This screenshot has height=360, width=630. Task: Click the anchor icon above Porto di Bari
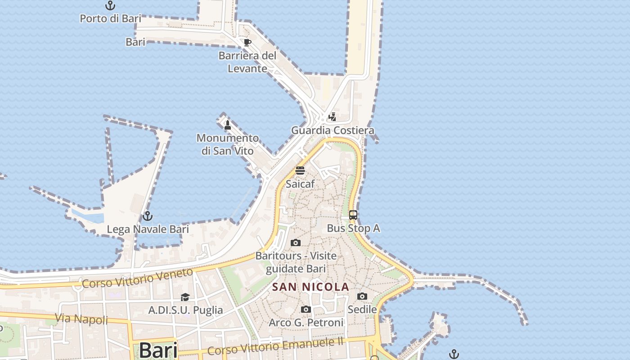click(110, 6)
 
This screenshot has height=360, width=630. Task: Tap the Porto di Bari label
click(110, 18)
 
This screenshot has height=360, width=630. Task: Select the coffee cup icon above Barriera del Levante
click(247, 43)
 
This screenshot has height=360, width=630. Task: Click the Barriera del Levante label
click(247, 62)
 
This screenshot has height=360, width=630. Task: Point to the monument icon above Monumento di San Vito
click(228, 125)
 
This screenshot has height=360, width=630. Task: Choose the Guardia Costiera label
click(333, 130)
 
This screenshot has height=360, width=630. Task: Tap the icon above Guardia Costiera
click(333, 117)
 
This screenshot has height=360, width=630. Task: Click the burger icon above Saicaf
click(300, 171)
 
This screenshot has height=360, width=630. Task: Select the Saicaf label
click(300, 184)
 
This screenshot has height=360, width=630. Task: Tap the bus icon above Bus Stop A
click(353, 215)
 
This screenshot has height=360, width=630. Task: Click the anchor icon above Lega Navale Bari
click(148, 216)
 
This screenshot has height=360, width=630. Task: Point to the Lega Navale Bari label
click(148, 229)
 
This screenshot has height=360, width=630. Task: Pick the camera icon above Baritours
click(296, 243)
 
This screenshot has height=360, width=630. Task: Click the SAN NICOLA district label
click(311, 287)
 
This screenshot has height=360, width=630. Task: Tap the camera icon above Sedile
click(362, 296)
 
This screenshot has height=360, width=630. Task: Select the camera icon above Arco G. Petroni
click(306, 310)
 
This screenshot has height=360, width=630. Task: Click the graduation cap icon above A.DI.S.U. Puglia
click(185, 297)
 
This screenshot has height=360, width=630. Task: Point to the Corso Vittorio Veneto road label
click(138, 278)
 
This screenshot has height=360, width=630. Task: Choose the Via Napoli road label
click(81, 319)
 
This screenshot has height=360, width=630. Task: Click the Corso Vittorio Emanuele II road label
click(276, 346)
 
